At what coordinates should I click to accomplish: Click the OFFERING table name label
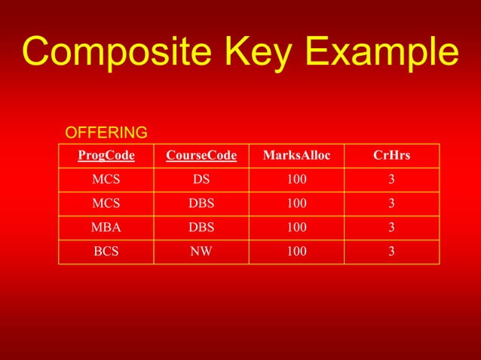coord(106,133)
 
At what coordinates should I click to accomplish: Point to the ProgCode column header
coord(106,156)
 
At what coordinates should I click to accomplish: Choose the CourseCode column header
coord(201,156)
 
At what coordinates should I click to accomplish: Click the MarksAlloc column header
coord(296,156)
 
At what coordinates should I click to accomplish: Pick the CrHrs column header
coord(391,156)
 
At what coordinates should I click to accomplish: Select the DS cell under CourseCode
coord(201,180)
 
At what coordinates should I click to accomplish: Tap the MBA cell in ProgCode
coord(106,227)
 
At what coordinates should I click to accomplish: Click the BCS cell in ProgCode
coord(106,252)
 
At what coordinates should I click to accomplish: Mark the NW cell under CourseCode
coord(201,252)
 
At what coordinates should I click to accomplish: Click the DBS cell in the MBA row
coord(201,227)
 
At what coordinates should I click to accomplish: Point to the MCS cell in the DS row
coord(106,180)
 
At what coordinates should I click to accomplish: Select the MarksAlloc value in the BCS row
coord(296,252)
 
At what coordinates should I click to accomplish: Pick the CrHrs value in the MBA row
coord(391,227)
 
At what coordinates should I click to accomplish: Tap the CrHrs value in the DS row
coord(391,180)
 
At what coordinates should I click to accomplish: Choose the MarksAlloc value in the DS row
coord(296,180)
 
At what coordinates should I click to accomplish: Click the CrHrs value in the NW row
coord(391,252)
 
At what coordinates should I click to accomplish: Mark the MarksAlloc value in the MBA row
coord(296,227)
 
